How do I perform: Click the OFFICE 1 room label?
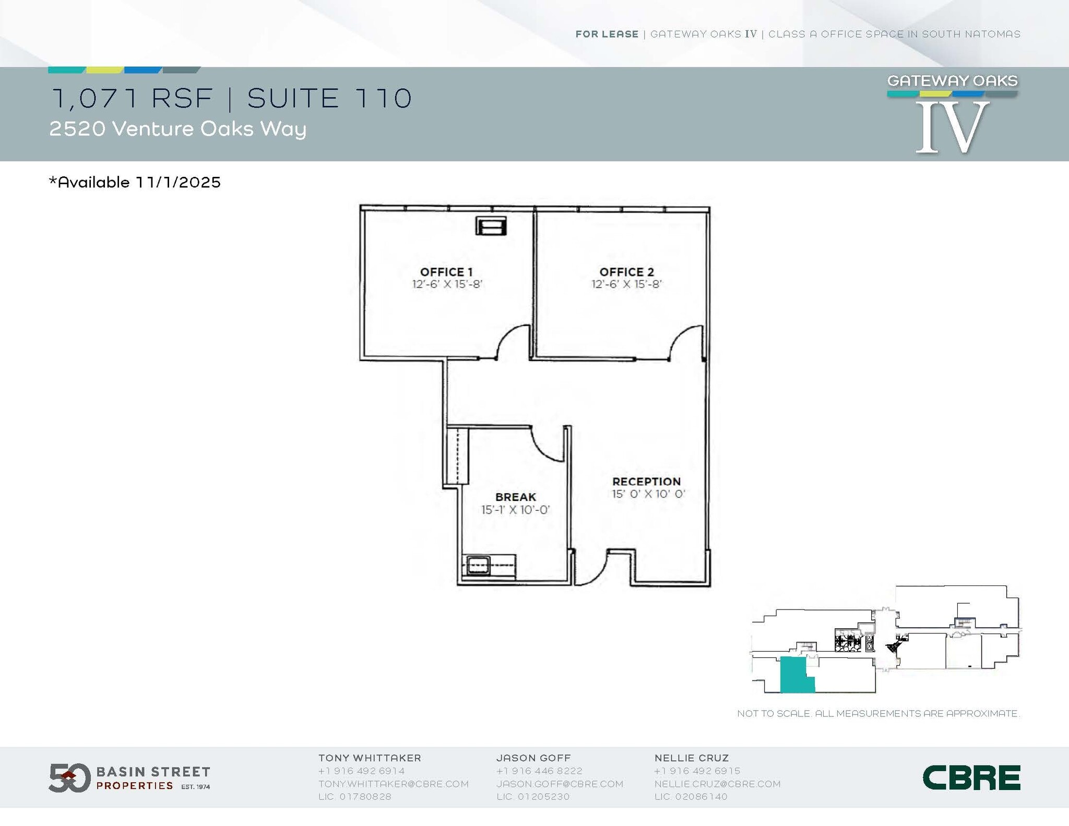(446, 272)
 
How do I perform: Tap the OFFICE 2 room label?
(626, 272)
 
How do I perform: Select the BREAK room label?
(516, 497)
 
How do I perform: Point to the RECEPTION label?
(646, 482)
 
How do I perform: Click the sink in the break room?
(478, 565)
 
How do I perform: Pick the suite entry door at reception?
(592, 569)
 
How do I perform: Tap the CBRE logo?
(971, 778)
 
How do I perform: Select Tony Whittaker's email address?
(394, 784)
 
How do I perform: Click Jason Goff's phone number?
(539, 771)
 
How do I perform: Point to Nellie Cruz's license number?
(691, 797)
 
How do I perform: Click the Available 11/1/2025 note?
(135, 182)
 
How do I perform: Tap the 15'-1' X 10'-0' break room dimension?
(516, 510)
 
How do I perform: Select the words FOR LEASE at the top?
(607, 34)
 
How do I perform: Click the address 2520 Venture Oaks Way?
(178, 129)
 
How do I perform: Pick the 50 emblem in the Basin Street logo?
(69, 778)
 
